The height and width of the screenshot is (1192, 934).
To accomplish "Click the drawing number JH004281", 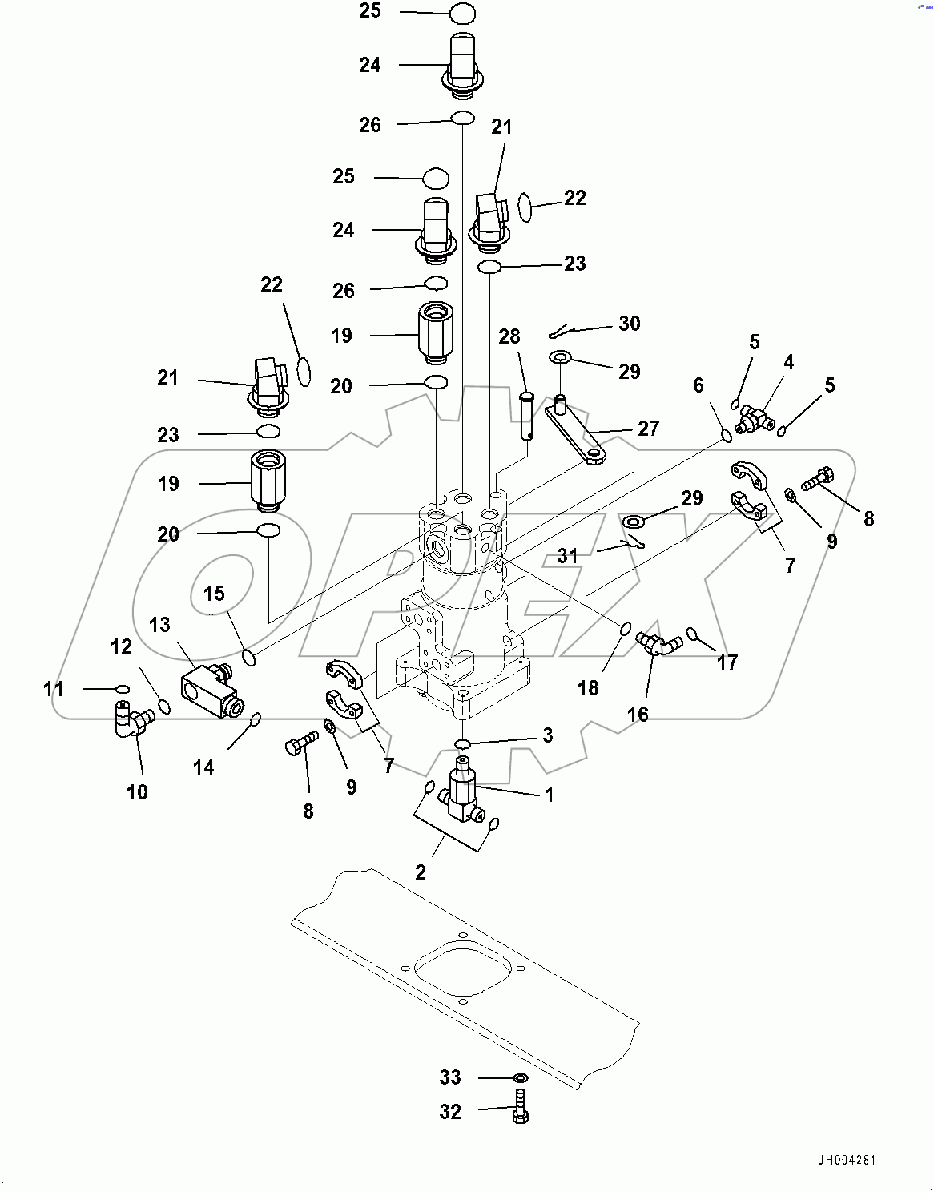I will (847, 1160).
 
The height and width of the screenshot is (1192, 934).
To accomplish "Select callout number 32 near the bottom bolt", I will (450, 1112).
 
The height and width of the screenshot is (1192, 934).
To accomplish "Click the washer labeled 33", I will (520, 1078).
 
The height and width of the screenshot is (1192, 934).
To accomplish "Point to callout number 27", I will (648, 429).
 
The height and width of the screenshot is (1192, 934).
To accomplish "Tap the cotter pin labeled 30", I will (563, 331).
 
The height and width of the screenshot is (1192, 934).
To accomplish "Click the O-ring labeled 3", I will (463, 744).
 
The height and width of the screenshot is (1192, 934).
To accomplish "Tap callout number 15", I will (214, 594).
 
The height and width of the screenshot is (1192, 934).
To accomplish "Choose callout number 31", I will (567, 555).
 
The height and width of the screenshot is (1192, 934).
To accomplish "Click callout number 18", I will (588, 687).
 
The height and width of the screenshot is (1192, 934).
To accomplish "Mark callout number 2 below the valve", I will (421, 872).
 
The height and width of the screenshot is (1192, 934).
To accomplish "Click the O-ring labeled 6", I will (727, 435).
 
